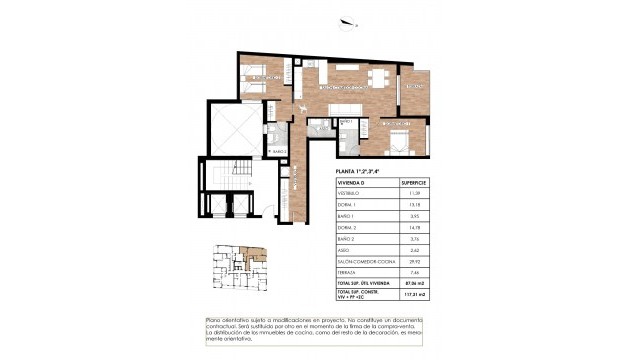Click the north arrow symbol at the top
346,27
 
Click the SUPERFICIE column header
413,183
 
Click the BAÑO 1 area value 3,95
413,215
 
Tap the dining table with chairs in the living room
378,77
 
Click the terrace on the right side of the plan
414,91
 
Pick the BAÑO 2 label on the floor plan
280,152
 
